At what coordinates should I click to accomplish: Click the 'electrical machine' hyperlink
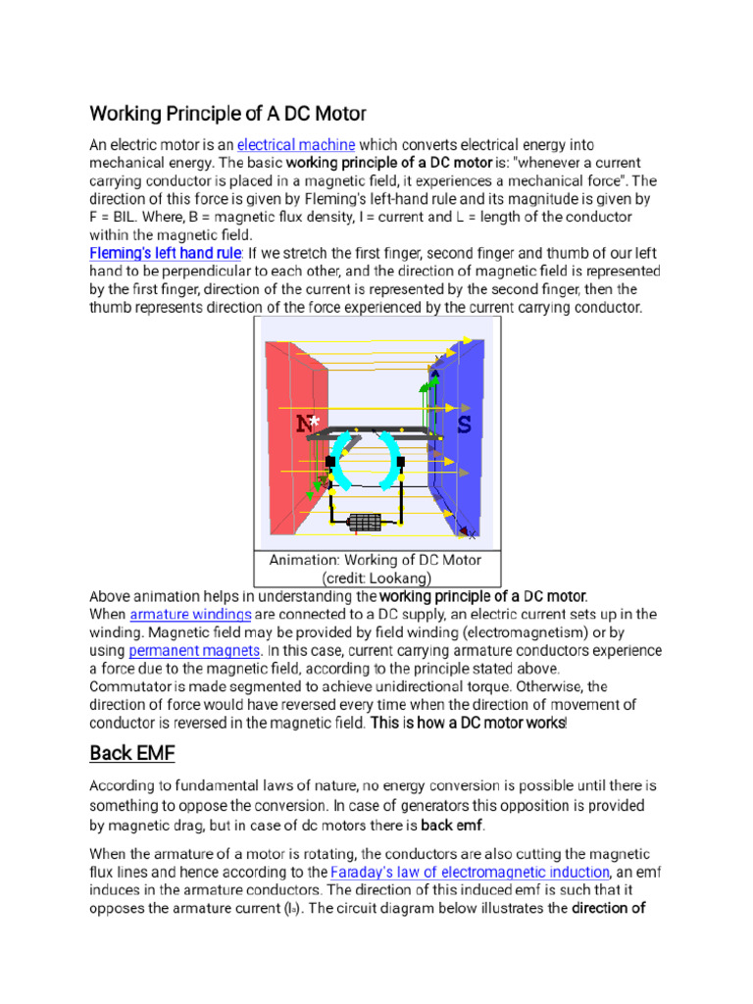[x=295, y=144]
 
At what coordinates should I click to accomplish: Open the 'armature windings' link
[x=190, y=614]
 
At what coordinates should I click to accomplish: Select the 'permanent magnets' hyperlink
[x=194, y=650]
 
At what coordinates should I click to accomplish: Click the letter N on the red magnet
[x=304, y=425]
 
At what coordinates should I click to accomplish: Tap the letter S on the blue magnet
[x=463, y=425]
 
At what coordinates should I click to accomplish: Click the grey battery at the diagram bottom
[x=365, y=523]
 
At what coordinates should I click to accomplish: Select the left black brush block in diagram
[x=331, y=462]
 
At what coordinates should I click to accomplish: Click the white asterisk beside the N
[x=315, y=421]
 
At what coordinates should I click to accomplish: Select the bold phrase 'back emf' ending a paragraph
[x=452, y=825]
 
